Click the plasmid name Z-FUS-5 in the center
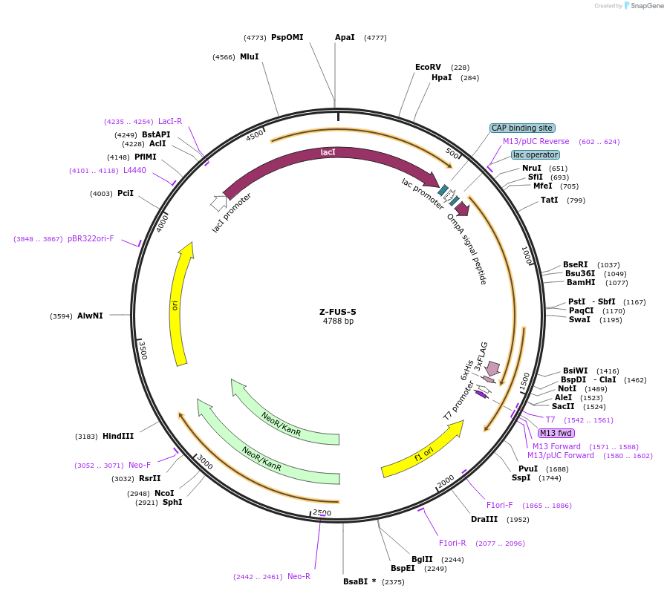pos(338,312)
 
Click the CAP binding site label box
pos(522,128)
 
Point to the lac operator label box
pos(535,154)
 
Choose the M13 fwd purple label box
pos(556,433)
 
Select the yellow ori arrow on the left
pos(179,304)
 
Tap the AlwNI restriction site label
pos(90,316)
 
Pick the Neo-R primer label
pos(299,576)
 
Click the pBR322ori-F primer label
pos(91,238)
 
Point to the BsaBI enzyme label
pos(359,581)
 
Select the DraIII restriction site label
pos(484,519)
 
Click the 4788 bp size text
pos(338,322)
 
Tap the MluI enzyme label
pos(249,56)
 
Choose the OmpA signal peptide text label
pos(467,249)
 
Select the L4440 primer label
pos(134,170)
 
